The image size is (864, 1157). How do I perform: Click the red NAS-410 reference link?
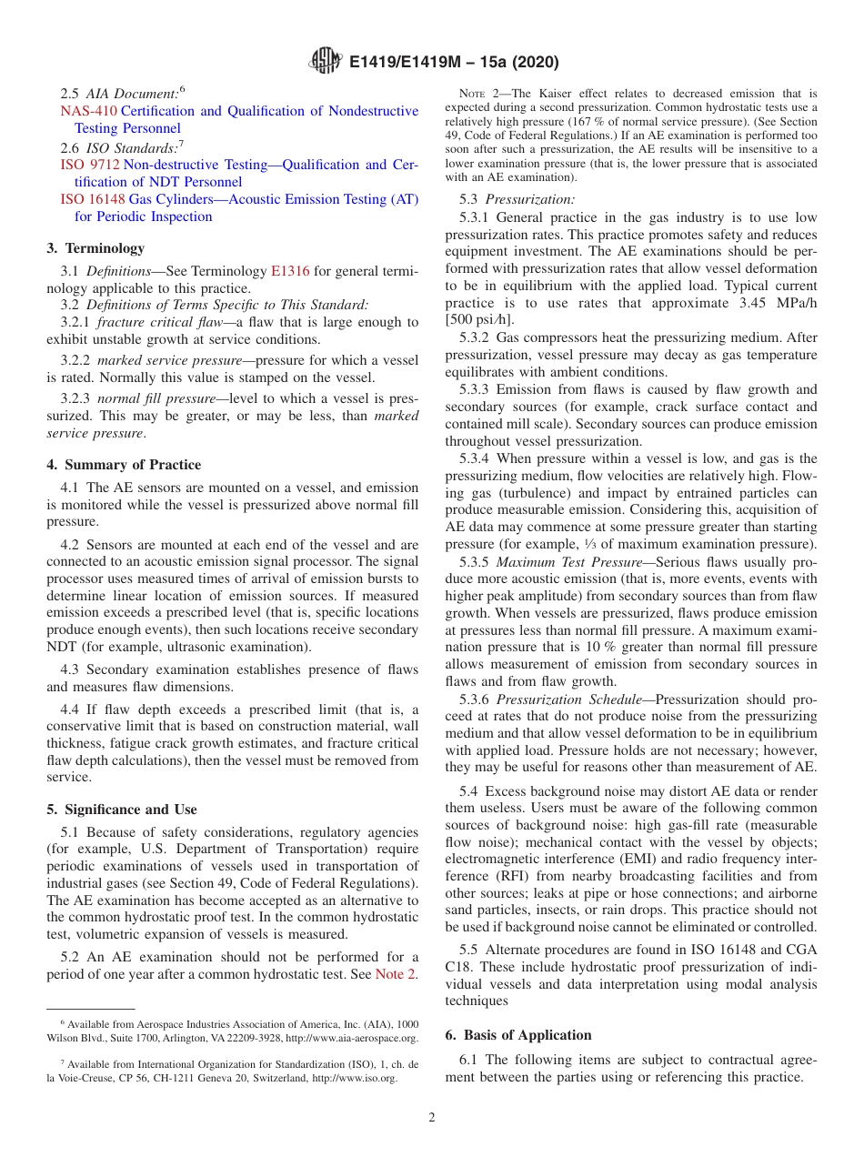coord(88,111)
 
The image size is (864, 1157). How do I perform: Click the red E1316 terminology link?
coord(290,271)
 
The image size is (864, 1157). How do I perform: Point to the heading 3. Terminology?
coord(95,248)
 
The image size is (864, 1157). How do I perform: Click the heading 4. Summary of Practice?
coord(124,465)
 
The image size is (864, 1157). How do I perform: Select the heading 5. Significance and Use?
coord(122,810)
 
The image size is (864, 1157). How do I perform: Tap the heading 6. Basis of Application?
coord(518,1035)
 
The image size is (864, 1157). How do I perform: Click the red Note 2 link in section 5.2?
coord(396,974)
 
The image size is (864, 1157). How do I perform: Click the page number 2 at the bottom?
coord(432,1118)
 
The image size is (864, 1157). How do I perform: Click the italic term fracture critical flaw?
coord(160,322)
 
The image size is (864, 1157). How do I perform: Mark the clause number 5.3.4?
coord(477,458)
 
